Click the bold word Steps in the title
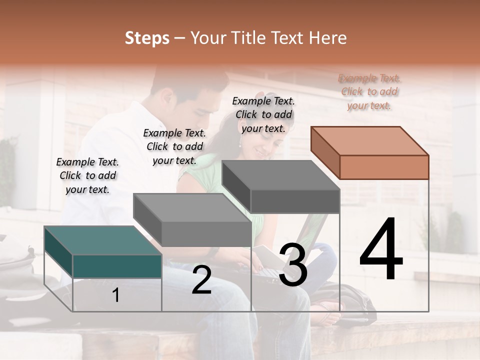point(147,38)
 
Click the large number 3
point(293,264)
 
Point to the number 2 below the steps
point(201,280)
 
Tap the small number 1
point(116,295)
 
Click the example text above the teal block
point(87,175)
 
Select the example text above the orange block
point(369,91)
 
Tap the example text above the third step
point(263,114)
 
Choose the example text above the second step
point(174,146)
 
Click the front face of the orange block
point(384,167)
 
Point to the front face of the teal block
point(117,266)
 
